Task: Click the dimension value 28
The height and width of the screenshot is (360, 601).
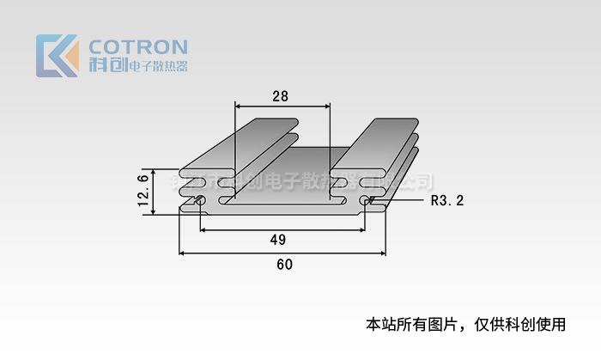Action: (280, 96)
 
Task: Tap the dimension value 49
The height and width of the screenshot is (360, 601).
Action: (277, 239)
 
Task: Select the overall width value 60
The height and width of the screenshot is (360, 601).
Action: (284, 265)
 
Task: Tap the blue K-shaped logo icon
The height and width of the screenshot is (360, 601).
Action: (57, 56)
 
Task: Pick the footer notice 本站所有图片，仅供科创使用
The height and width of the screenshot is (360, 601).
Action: (465, 325)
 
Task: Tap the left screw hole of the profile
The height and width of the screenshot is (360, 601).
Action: (199, 203)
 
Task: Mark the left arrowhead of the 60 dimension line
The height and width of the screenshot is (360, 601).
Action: (183, 253)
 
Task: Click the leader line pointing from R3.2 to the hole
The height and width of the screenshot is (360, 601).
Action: (399, 203)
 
